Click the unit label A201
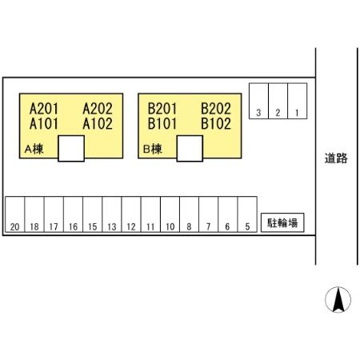point(44,109)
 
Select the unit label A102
point(98,124)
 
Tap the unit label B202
point(216,109)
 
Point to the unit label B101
point(162,124)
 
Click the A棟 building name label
point(34,149)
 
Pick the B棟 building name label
point(153,149)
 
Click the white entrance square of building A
point(71,148)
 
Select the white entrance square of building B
point(190,148)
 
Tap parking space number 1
point(298,101)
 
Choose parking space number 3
point(258,101)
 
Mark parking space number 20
point(15,214)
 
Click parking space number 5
point(247,214)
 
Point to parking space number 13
point(112,214)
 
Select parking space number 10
point(170,214)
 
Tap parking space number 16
point(74,214)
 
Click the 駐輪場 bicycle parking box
point(282,222)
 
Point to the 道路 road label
point(336,158)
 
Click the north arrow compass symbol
point(338,300)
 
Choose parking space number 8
point(190,214)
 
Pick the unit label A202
point(98,109)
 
